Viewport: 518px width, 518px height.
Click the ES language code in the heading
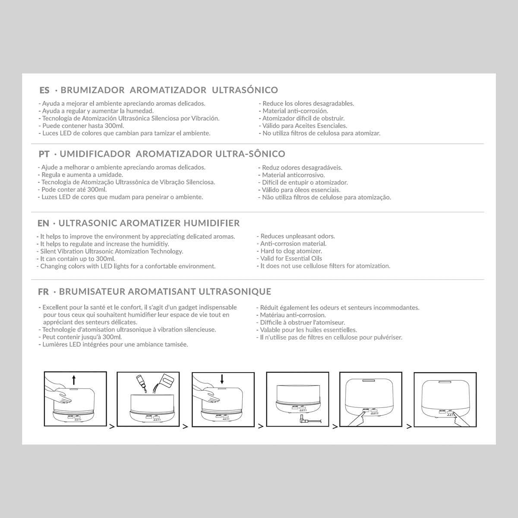click(44, 90)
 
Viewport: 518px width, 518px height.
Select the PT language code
click(44, 154)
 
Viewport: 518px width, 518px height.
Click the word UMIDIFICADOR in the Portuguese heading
click(95, 154)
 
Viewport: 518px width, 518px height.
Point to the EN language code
click(44, 223)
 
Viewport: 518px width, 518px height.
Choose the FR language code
click(44, 292)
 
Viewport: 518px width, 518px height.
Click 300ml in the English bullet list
click(105, 259)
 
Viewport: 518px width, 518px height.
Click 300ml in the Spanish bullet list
click(114, 126)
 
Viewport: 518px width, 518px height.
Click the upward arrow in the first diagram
click(74, 380)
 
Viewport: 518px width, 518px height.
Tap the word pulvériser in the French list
click(387, 337)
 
